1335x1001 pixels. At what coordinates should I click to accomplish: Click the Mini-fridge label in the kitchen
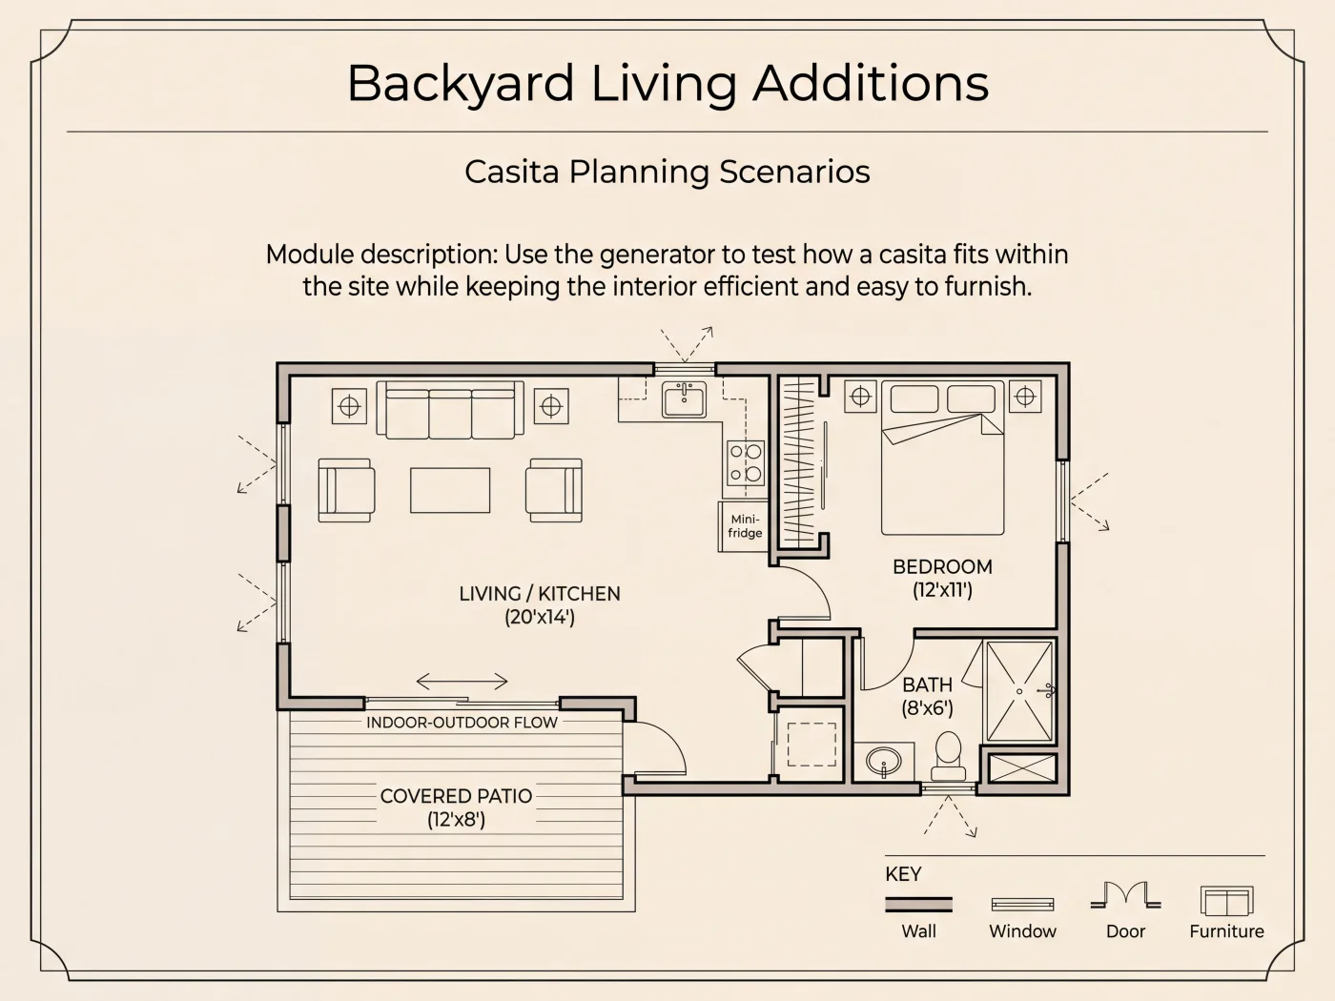[x=745, y=526]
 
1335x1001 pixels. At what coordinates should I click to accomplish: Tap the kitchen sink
[x=685, y=399]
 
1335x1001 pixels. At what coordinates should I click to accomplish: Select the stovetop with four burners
[x=746, y=462]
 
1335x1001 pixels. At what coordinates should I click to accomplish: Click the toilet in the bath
[x=948, y=756]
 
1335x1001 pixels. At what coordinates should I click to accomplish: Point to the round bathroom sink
[x=884, y=761]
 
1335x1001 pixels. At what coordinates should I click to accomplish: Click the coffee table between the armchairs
[x=450, y=490]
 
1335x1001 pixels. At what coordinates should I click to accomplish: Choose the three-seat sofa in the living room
[x=450, y=410]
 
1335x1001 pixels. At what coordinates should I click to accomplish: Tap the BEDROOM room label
[x=942, y=566]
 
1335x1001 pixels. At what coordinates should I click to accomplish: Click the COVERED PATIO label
[x=456, y=796]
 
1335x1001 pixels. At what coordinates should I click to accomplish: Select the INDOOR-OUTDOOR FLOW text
[x=462, y=722]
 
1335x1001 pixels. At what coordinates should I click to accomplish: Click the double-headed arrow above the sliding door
[x=462, y=682]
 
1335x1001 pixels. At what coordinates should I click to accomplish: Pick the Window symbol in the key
[x=1022, y=905]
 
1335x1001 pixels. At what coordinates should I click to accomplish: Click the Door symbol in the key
[x=1126, y=895]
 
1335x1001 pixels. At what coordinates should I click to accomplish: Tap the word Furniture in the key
[x=1226, y=931]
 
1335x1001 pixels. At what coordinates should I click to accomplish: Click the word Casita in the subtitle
[x=511, y=172]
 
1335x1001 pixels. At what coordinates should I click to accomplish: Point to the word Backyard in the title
[x=461, y=83]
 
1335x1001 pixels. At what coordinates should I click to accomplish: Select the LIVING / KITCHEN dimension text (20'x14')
[x=540, y=617]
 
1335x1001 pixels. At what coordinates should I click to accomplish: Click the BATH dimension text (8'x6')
[x=927, y=708]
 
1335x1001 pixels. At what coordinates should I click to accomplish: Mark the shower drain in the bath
[x=1020, y=691]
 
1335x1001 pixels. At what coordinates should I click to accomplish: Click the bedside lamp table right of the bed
[x=1025, y=397]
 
